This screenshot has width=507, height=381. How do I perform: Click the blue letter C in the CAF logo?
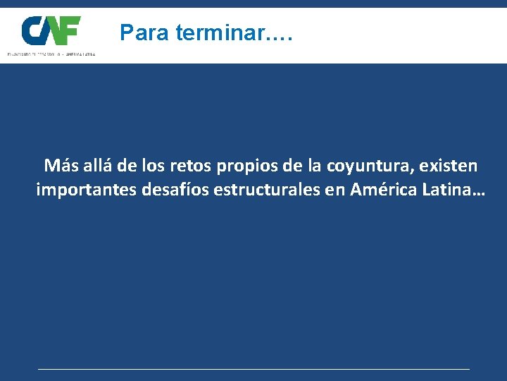[x=34, y=30]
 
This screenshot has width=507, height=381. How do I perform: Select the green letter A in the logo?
[x=53, y=32]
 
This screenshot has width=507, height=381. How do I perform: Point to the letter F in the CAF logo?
[x=71, y=30]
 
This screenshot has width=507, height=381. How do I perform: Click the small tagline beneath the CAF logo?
[x=51, y=54]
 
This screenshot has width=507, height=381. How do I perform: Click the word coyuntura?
[x=370, y=167]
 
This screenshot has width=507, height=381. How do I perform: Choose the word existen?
[x=449, y=166]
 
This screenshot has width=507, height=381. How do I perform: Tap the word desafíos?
[x=159, y=190]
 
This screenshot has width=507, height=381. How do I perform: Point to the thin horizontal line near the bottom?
[x=254, y=368]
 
